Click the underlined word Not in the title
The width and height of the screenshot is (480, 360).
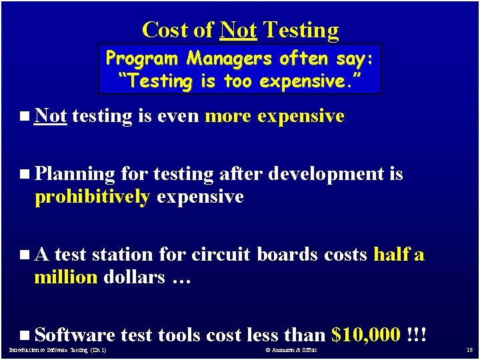point(238,30)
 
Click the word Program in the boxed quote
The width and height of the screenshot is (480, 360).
point(143,59)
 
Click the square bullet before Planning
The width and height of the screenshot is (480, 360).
point(25,174)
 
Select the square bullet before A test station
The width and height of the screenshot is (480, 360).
point(25,255)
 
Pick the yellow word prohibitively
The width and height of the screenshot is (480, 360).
point(92,197)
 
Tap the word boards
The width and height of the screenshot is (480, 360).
point(288,255)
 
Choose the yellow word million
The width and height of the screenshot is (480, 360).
point(65,277)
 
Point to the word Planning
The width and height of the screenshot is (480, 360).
point(75,175)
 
